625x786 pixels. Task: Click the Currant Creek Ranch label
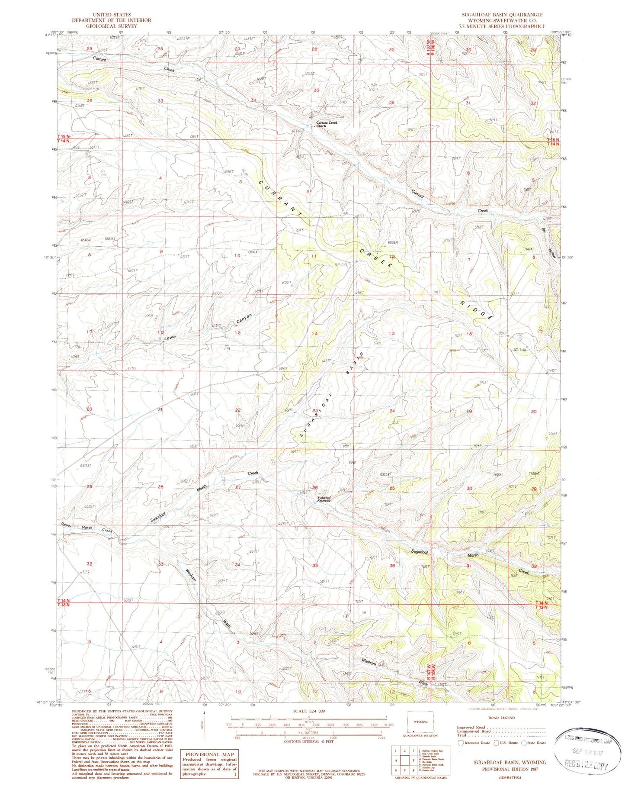click(x=327, y=124)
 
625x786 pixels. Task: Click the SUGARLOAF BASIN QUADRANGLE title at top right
click(x=502, y=15)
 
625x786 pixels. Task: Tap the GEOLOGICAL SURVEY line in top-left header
click(x=111, y=26)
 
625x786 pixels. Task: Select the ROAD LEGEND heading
click(x=501, y=718)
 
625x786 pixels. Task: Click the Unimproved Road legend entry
click(x=474, y=731)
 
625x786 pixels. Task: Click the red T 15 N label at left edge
click(x=64, y=136)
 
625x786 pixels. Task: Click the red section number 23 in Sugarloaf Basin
click(x=315, y=410)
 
